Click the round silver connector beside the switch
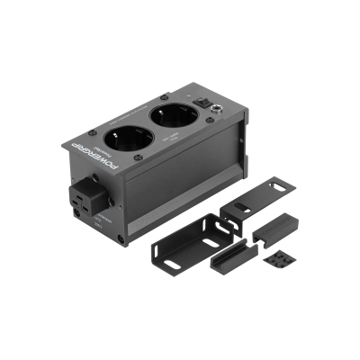[218, 112]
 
